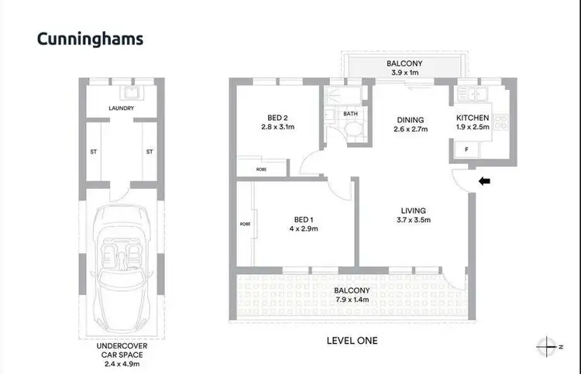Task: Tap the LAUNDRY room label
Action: click(123, 108)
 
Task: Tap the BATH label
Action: click(350, 114)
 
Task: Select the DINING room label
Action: click(411, 119)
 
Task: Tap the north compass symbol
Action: click(549, 346)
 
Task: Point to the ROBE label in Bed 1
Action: click(246, 225)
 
